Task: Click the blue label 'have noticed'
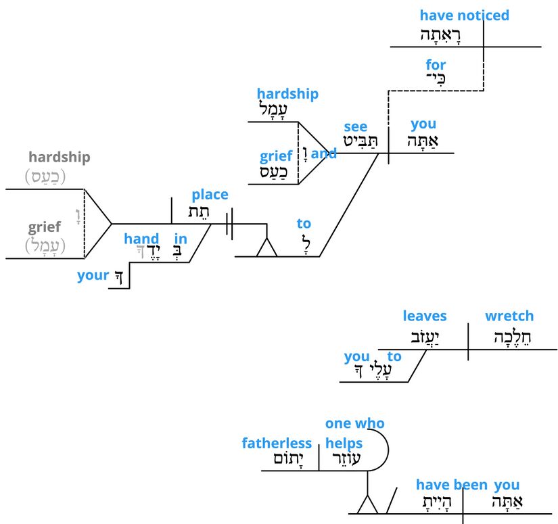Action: pos(464,16)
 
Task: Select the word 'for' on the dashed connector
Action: pos(436,65)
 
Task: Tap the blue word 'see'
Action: pos(356,126)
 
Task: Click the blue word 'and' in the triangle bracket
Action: pos(324,153)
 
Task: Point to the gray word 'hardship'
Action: pos(59,157)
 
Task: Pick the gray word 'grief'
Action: pos(45,227)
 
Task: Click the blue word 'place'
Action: pos(210,195)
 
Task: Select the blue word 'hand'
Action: pos(141,238)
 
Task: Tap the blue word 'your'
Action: pos(93,275)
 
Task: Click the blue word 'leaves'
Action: pos(425,316)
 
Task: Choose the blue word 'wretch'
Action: pos(509,316)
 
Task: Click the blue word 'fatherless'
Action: pos(277,444)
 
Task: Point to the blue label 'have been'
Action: pos(451,484)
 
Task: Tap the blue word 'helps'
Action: pos(344,444)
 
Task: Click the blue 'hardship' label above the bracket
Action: pos(287,94)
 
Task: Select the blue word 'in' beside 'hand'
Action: pos(181,238)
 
